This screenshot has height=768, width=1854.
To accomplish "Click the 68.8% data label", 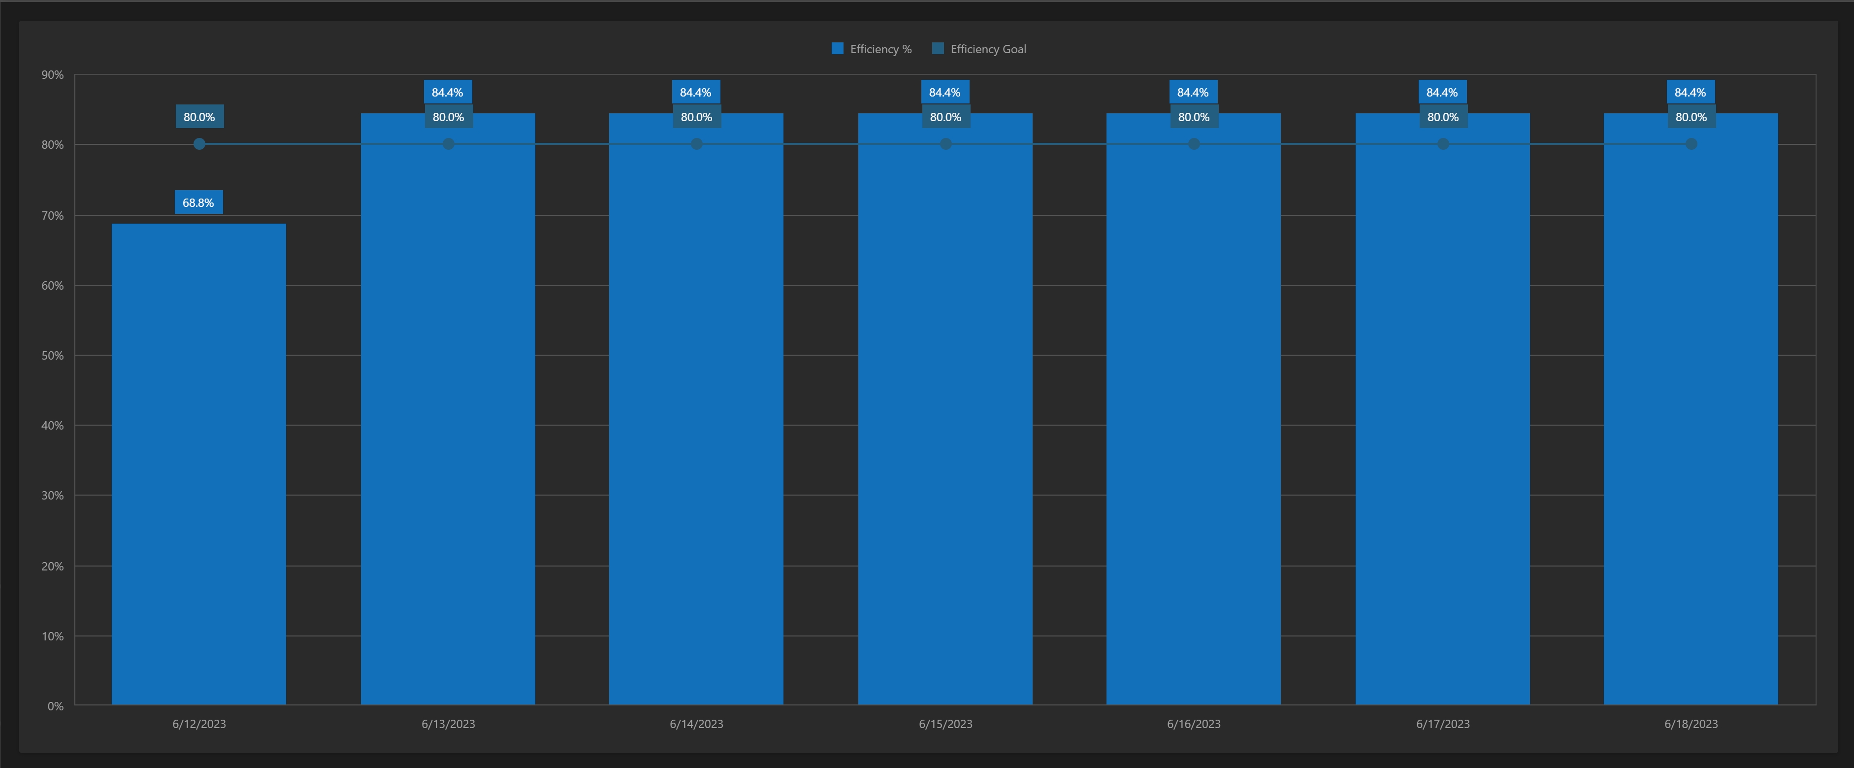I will (198, 202).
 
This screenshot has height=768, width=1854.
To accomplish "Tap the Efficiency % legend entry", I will (872, 49).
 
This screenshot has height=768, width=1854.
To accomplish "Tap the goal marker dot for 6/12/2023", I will (199, 144).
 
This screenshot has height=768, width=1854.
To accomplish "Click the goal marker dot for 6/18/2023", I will (1691, 144).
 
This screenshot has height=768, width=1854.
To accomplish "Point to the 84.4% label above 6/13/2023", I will (448, 92).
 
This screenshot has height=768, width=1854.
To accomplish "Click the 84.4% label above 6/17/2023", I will (1442, 92).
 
